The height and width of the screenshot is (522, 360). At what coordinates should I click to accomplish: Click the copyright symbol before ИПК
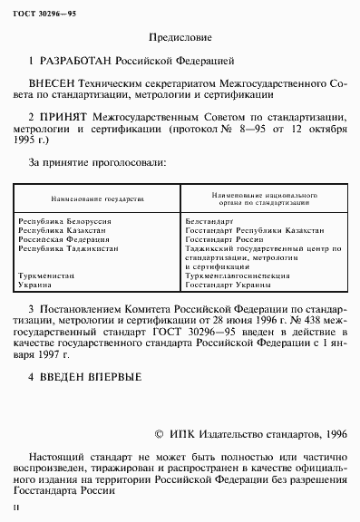coord(161,434)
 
